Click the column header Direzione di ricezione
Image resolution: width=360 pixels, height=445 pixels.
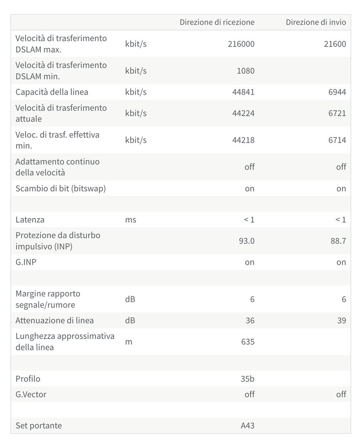(217, 22)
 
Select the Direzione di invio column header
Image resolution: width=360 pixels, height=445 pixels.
(316, 22)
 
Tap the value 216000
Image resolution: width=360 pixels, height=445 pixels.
(241, 43)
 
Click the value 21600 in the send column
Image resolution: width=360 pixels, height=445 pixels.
(335, 43)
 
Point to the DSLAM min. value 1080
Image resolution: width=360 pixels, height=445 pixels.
(246, 70)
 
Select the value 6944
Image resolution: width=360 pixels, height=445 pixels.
(337, 92)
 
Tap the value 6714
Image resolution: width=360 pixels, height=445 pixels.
(337, 140)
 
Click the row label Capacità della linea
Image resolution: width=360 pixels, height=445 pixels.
(52, 92)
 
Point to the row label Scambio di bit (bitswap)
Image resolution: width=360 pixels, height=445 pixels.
(61, 188)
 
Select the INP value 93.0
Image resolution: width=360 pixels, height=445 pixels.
(247, 241)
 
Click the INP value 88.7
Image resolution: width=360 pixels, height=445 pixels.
(338, 241)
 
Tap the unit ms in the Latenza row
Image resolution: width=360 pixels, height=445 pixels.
(130, 219)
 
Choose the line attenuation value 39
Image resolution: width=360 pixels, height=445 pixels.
(341, 320)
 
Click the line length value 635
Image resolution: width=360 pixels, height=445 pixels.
(248, 342)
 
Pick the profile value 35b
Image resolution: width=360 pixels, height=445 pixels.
(247, 379)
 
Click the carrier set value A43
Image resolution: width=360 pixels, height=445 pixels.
(248, 425)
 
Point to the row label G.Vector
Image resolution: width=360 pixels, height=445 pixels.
(31, 394)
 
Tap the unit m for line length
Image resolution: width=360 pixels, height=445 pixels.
(129, 342)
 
